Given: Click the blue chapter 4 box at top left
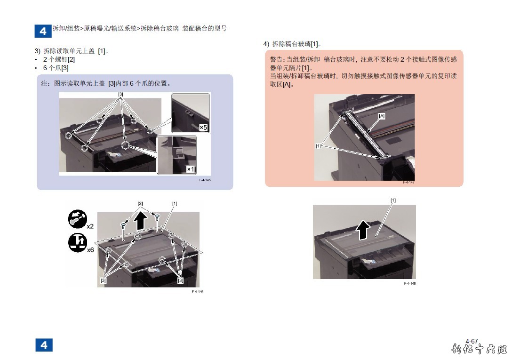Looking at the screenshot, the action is click(x=43, y=31).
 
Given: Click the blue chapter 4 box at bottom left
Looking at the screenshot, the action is click(x=44, y=345).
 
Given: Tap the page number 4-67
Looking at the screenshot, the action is click(x=472, y=341).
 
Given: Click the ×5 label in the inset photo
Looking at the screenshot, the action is click(x=203, y=128).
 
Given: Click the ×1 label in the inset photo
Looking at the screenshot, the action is click(x=191, y=169).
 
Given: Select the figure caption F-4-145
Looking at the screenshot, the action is click(x=205, y=180).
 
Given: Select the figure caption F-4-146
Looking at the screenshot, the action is click(x=197, y=292).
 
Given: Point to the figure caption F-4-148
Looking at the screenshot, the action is click(x=409, y=284).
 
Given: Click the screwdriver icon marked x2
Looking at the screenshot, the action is click(x=77, y=219).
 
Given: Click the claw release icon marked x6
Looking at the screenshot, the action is click(x=77, y=243).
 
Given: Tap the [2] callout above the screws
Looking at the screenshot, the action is click(x=140, y=203).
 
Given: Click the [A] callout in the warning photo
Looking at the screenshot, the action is click(x=381, y=116).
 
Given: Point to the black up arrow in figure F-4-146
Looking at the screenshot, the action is click(x=140, y=221).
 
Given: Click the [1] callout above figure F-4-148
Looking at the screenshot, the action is click(x=393, y=200).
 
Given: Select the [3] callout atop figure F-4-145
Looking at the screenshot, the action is click(x=120, y=95).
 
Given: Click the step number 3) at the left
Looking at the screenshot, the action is click(x=37, y=51).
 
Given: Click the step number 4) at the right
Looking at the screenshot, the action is click(x=266, y=44).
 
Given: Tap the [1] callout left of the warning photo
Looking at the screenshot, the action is click(x=318, y=146).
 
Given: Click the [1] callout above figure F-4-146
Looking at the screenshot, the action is click(x=175, y=203).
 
